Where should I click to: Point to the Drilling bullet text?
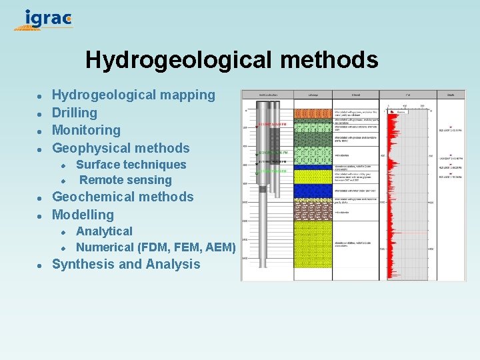coord(75,113)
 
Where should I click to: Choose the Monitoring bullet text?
coord(86,130)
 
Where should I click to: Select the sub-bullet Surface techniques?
coord(131,165)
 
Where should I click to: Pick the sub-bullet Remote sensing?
coord(125,180)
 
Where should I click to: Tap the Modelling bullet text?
coord(83,215)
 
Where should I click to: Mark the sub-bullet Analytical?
coord(104,231)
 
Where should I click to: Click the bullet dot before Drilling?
coord(40,113)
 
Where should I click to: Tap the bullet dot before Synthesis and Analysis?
coord(40,265)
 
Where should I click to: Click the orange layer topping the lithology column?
coord(313,113)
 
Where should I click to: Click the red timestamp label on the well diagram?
coord(273,124)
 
